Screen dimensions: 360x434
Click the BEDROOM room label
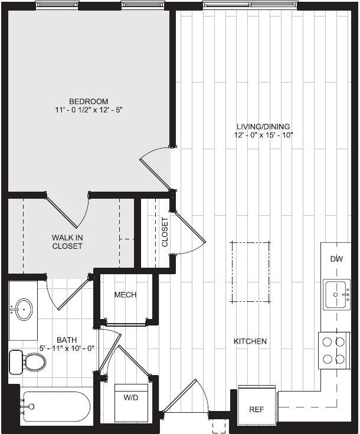click(x=89, y=101)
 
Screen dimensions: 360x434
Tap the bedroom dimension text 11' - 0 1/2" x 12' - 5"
click(x=89, y=110)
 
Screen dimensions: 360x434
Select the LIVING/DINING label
click(x=263, y=127)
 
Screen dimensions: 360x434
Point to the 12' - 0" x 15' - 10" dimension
click(x=263, y=136)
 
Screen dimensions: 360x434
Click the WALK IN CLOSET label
click(x=67, y=242)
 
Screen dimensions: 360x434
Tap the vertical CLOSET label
click(x=165, y=232)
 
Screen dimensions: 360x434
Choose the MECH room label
click(x=126, y=295)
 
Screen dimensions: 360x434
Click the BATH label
click(x=67, y=340)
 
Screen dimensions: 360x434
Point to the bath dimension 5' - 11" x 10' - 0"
click(x=67, y=348)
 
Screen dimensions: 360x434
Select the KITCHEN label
click(x=250, y=341)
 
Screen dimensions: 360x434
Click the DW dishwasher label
click(x=337, y=259)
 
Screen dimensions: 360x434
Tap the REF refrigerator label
click(x=257, y=409)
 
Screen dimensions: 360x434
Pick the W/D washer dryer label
click(x=130, y=398)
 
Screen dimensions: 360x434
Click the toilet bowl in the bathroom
click(x=34, y=361)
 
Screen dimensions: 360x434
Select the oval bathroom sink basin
click(x=23, y=310)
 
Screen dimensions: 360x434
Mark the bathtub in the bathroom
click(x=55, y=406)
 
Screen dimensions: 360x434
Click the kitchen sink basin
click(x=337, y=294)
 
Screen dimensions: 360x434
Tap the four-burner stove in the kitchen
click(x=334, y=350)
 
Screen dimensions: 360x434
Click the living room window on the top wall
click(x=251, y=5)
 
